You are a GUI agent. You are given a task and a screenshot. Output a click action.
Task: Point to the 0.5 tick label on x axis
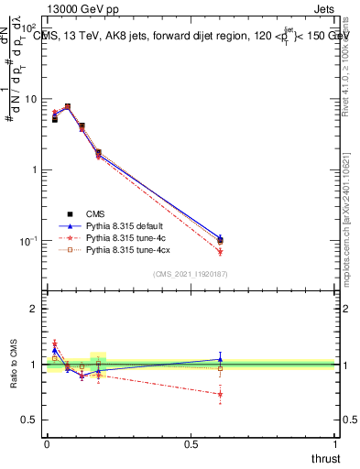191,444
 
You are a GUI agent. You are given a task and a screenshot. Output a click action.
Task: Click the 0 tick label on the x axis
47,444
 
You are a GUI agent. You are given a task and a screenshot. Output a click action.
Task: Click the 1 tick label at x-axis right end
335,444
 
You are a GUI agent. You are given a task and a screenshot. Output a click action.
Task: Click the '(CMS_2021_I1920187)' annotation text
190,273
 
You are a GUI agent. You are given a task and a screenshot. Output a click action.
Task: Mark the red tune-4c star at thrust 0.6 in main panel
220,251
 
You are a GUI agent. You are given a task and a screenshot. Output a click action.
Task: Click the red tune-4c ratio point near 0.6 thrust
220,395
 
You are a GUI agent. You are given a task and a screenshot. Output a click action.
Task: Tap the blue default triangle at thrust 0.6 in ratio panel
220,359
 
